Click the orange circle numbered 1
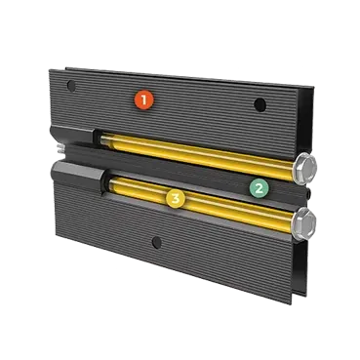144,100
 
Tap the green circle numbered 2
259,188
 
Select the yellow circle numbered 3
176,198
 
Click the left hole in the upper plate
71,86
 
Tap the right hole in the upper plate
260,104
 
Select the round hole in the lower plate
157,242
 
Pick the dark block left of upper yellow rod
72,135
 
